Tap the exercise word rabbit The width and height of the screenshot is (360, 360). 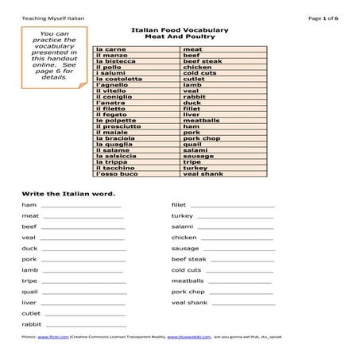pos(32,324)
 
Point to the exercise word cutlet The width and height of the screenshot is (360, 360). pos(31,314)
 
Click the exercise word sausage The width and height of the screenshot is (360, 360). pos(185,249)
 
